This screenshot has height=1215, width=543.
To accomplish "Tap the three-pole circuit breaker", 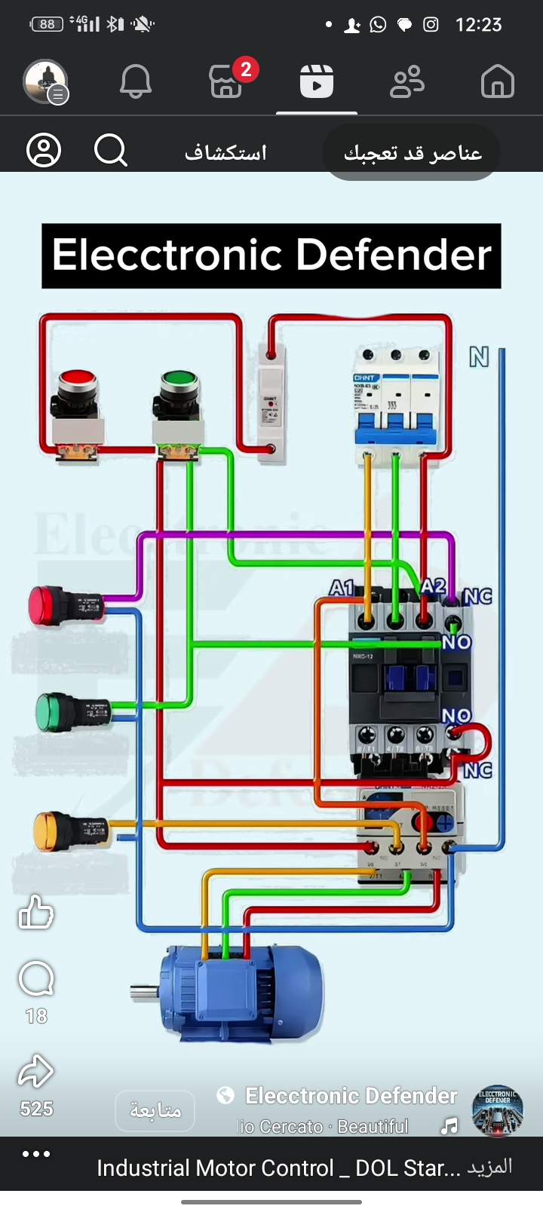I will point(396,399).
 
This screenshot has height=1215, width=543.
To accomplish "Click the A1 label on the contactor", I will point(342,588).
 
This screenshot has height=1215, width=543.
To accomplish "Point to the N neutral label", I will point(479,357).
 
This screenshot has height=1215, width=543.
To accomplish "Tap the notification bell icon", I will point(136,81).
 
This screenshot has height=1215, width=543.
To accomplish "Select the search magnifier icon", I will point(111,150).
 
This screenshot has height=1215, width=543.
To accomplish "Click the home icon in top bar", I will point(497,81).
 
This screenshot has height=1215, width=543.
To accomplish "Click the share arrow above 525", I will point(35,1072).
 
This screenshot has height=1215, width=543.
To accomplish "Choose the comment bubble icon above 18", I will point(35,980).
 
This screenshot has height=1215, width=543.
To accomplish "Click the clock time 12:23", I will point(478,25).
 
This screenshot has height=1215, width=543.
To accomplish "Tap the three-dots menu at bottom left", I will point(36,1154).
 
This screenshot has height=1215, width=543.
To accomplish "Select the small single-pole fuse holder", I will point(271,403).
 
